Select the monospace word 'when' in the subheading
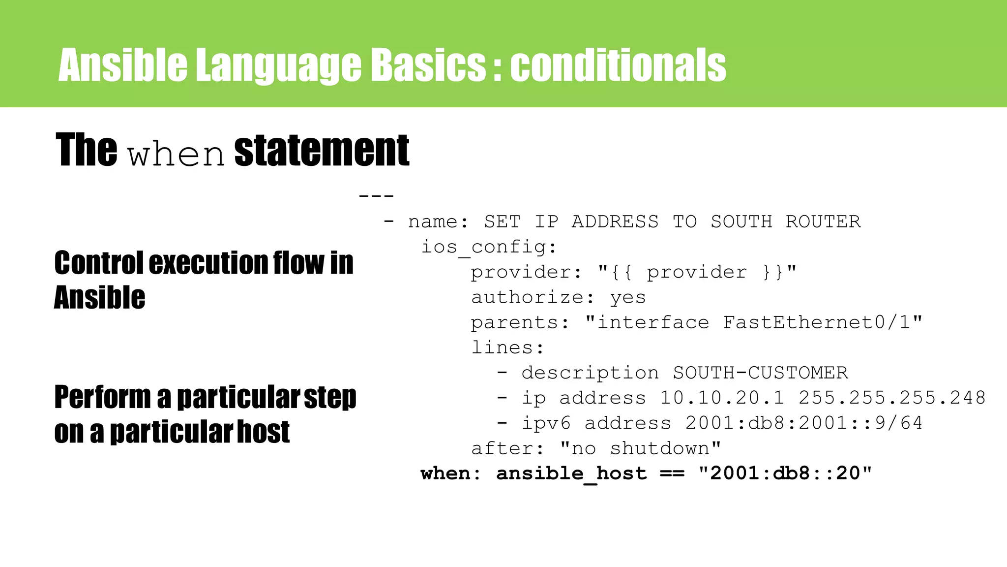pyautogui.click(x=176, y=155)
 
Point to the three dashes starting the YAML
pyautogui.click(x=376, y=196)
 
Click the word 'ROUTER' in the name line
pyautogui.click(x=823, y=222)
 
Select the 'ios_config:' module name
pyautogui.click(x=489, y=247)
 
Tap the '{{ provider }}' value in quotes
pyautogui.click(x=697, y=272)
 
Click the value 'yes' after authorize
pyautogui.click(x=628, y=298)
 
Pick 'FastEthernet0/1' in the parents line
pyautogui.click(x=817, y=323)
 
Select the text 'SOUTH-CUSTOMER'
pyautogui.click(x=760, y=373)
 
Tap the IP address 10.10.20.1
pyautogui.click(x=722, y=398)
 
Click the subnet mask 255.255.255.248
pyautogui.click(x=892, y=398)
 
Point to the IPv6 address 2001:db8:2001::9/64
pyautogui.click(x=804, y=423)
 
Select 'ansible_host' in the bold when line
pyautogui.click(x=571, y=474)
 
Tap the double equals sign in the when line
pyautogui.click(x=672, y=474)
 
